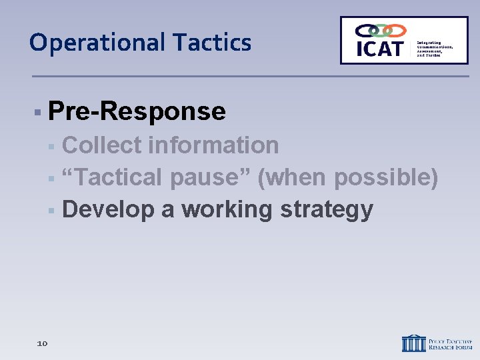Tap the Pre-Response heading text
click(x=137, y=111)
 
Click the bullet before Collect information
click(x=51, y=145)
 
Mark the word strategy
click(x=326, y=209)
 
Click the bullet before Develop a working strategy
click(x=51, y=210)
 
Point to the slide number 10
click(x=42, y=343)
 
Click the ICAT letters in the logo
click(x=380, y=49)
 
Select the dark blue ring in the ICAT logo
click(x=365, y=31)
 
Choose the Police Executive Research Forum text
click(x=450, y=343)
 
